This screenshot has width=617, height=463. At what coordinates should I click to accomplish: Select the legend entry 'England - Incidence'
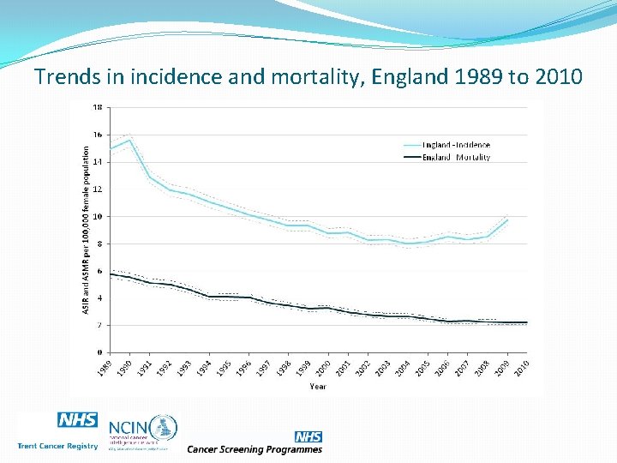tap(456, 145)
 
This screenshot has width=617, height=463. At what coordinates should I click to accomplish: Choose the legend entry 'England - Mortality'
tap(456, 158)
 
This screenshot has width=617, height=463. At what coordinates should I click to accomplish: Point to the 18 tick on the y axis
tap(98, 107)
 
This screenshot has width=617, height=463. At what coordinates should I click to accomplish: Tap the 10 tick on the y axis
tap(98, 216)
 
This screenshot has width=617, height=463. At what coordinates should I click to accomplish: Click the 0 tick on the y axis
tap(99, 352)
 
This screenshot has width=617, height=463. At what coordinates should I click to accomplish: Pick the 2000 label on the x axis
tap(321, 368)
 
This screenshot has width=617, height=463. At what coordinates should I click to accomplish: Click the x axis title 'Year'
tap(318, 387)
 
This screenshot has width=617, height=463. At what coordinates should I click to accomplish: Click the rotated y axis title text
tap(86, 227)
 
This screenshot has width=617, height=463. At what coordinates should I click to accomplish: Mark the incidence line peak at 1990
tap(129, 140)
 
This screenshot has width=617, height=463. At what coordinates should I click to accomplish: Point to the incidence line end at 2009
tap(507, 219)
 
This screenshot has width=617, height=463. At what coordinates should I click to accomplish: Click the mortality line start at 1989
tap(110, 274)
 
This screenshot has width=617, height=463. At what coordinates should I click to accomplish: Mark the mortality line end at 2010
tap(527, 322)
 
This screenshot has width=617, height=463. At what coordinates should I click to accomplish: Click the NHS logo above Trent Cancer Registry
tap(78, 420)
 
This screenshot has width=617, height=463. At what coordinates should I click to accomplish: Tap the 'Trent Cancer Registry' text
tap(57, 446)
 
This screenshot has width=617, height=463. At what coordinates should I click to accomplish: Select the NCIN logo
tap(141, 431)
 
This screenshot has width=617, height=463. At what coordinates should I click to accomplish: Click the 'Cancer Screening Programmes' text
tap(255, 448)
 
